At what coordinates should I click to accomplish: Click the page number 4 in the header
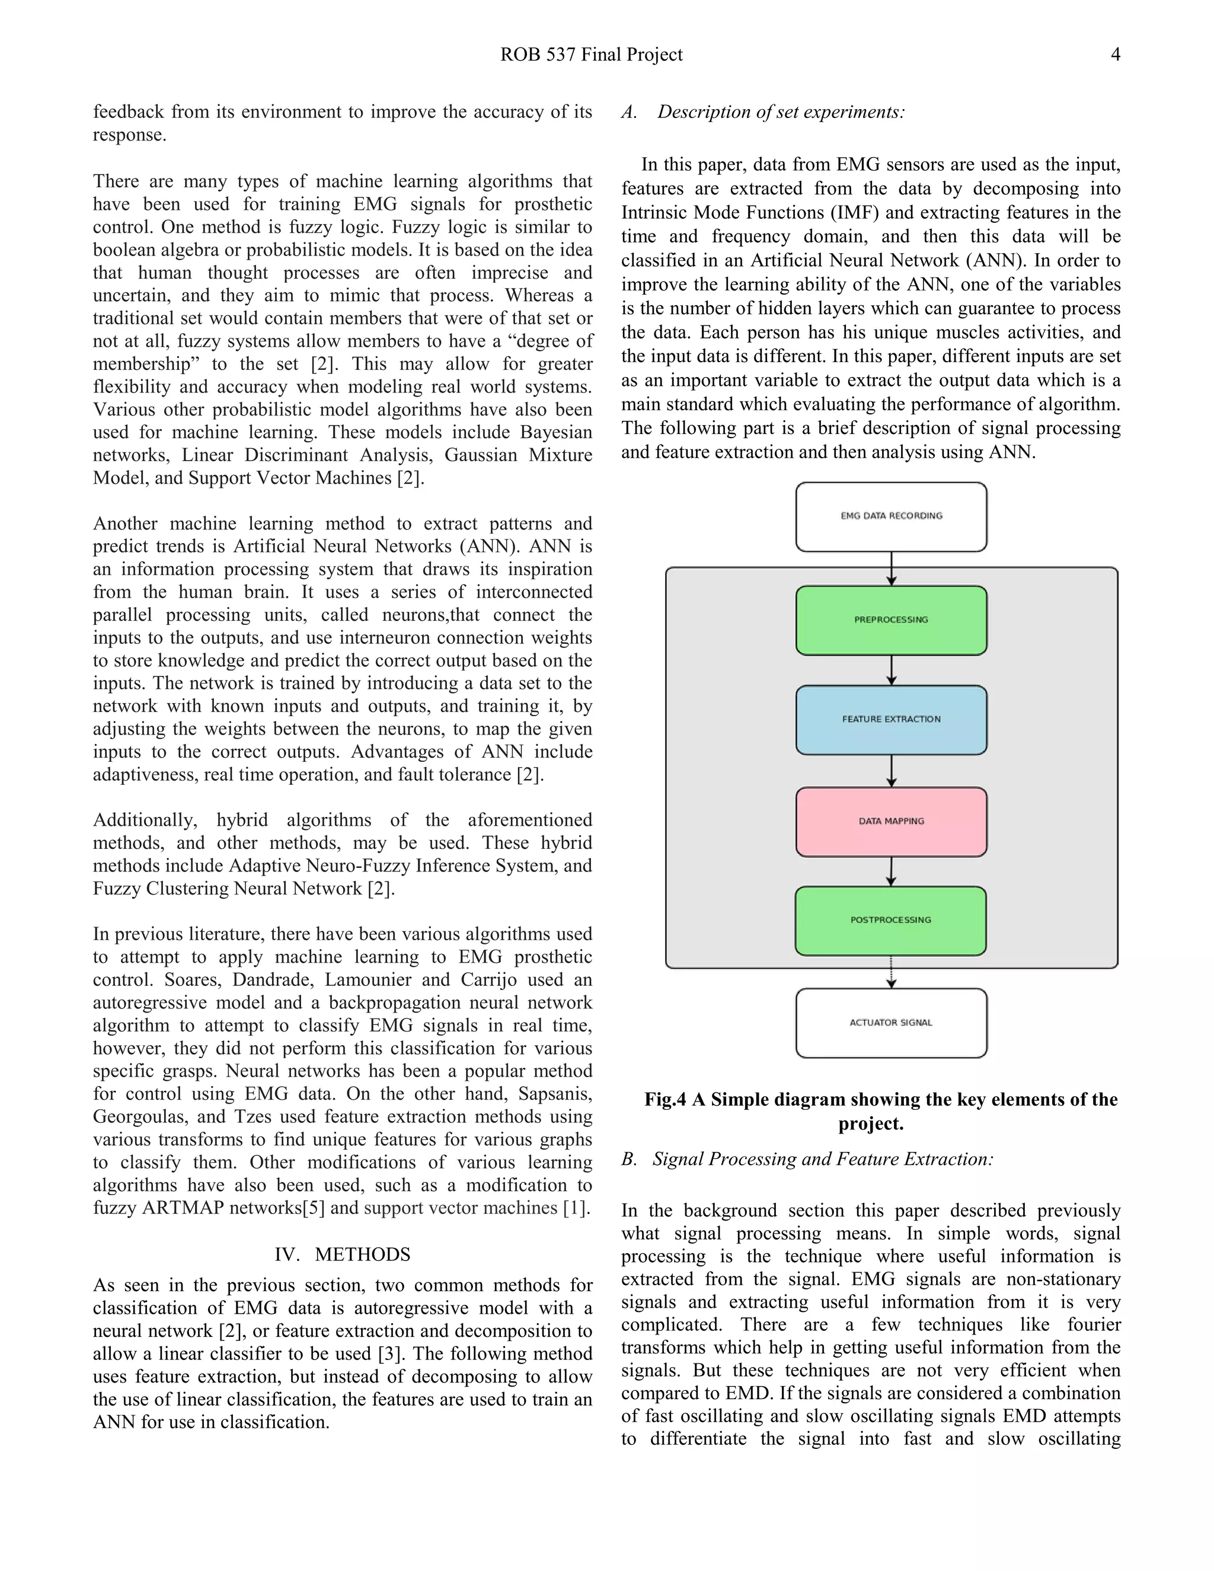[1115, 55]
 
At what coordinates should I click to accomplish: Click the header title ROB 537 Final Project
[591, 55]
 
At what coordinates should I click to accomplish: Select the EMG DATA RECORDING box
[891, 516]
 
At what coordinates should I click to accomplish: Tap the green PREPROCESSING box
[891, 620]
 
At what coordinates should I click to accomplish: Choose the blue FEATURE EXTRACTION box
[891, 719]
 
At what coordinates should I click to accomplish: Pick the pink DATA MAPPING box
[891, 822]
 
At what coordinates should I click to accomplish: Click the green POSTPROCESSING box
[890, 920]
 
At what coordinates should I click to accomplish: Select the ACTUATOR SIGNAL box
[891, 1023]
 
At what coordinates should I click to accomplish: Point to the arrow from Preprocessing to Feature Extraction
[892, 670]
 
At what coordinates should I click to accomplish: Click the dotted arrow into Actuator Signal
[891, 972]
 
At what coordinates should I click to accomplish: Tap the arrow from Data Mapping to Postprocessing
[891, 871]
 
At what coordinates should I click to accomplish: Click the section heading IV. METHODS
[343, 1254]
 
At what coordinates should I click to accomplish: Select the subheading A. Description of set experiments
[763, 112]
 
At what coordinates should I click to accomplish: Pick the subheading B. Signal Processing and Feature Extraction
[807, 1159]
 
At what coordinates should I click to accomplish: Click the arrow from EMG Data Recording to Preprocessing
[892, 569]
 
